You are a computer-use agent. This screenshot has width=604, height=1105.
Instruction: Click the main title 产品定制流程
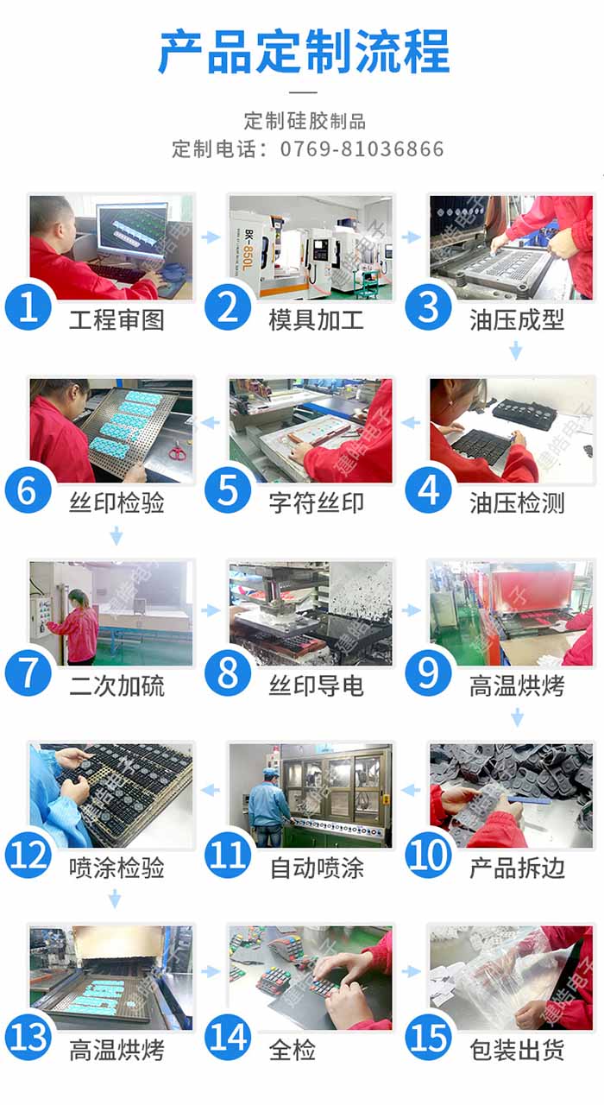tap(303, 51)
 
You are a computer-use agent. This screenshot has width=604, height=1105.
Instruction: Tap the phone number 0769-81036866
tap(362, 149)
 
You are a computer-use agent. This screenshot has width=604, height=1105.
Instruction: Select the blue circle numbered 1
tap(28, 306)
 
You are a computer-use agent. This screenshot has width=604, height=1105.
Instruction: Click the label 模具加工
tap(316, 320)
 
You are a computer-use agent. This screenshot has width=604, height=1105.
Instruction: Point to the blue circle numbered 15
tap(429, 1037)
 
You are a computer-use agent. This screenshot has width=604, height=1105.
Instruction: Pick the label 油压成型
tap(517, 320)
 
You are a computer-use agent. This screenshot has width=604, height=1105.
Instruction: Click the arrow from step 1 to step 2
tap(211, 237)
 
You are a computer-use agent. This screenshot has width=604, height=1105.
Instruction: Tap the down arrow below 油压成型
tap(516, 350)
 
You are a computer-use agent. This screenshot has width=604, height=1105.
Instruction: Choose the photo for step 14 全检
tap(311, 977)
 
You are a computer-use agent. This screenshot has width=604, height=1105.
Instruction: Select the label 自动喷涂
tap(317, 868)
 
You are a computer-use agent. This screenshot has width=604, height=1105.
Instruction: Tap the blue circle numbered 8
tap(229, 672)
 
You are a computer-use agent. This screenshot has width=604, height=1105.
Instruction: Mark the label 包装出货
tap(517, 1051)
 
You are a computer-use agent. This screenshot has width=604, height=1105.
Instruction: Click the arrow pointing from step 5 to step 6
tap(211, 423)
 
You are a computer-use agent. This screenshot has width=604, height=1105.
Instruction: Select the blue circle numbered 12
tap(28, 855)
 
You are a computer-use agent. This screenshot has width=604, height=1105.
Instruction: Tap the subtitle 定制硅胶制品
tap(305, 121)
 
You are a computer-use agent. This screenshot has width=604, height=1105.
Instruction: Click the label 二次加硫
tap(116, 686)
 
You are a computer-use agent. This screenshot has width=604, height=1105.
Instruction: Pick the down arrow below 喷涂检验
tap(115, 899)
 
